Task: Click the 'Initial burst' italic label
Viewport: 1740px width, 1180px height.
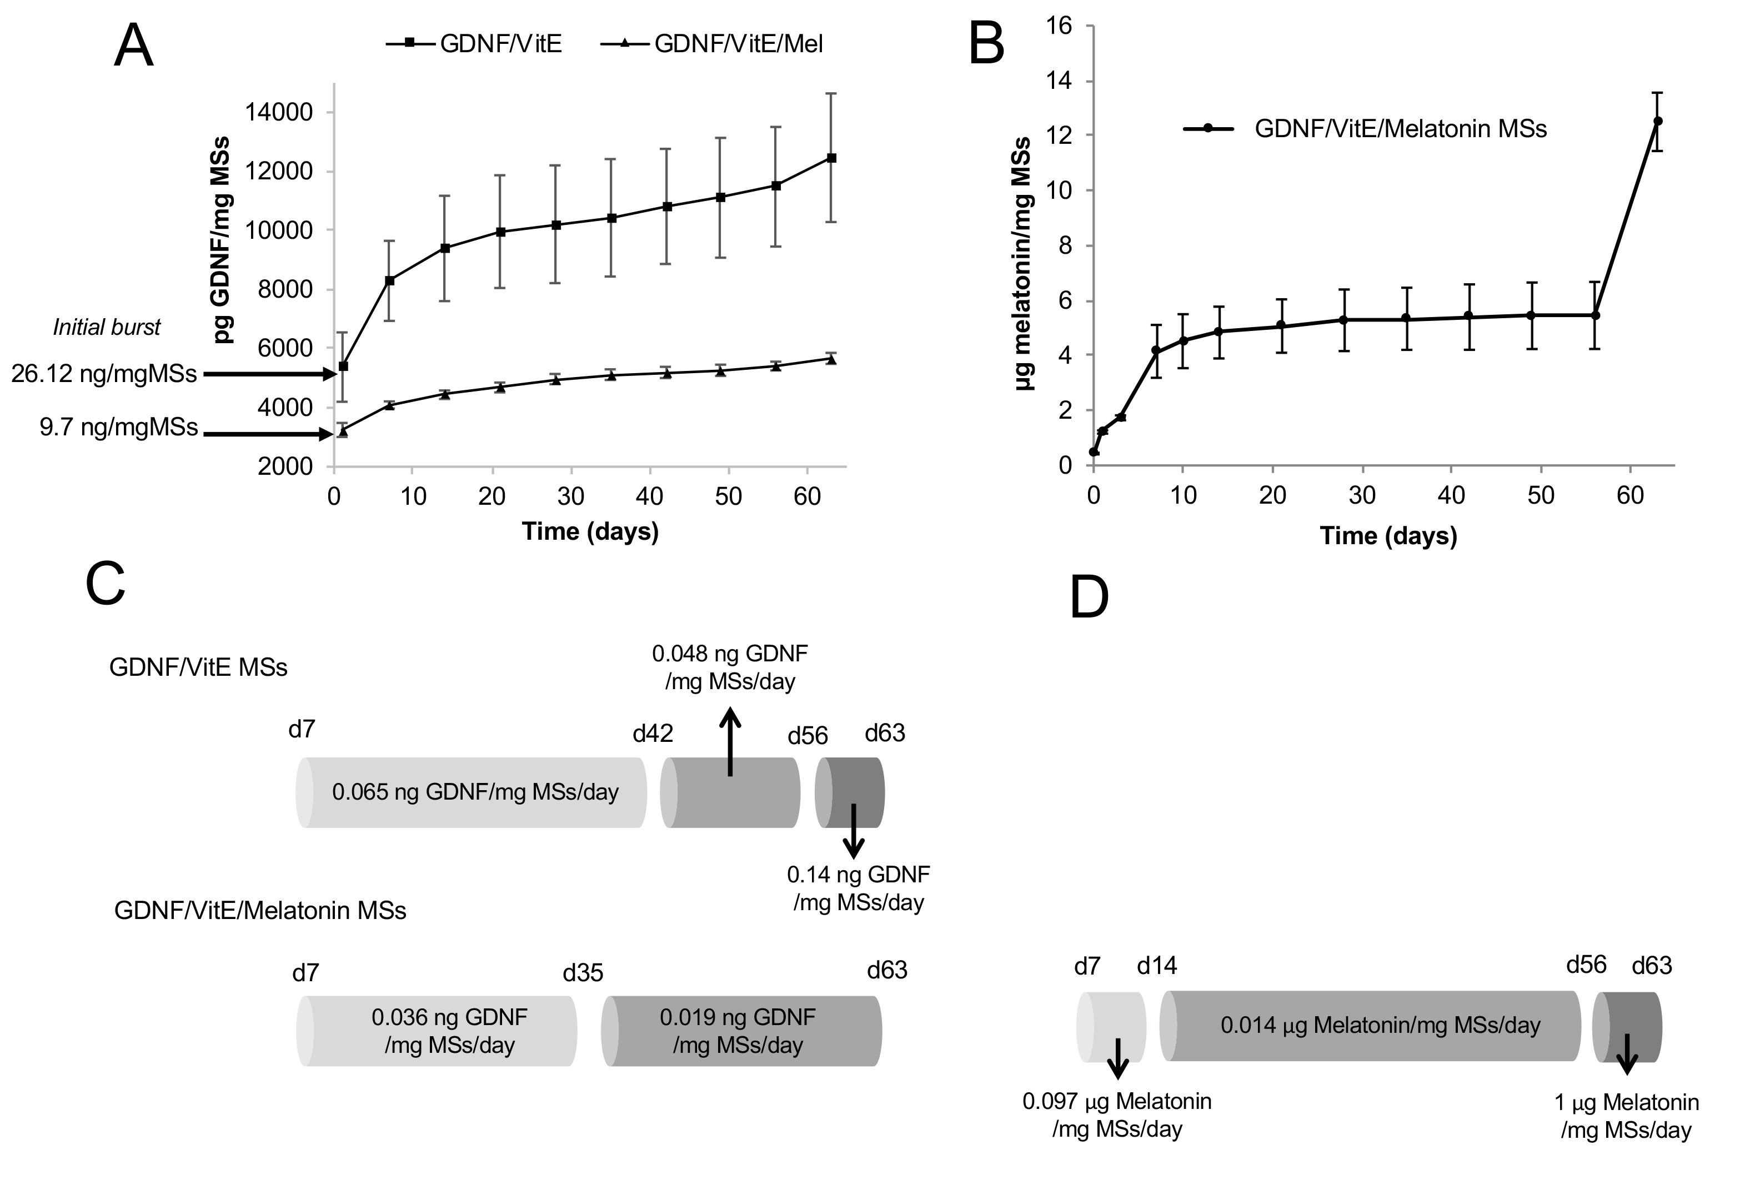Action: click(106, 327)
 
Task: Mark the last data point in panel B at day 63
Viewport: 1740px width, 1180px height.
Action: click(1658, 120)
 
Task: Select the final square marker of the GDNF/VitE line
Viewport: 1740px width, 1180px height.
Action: click(831, 158)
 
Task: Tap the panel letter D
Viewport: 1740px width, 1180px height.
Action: click(1089, 597)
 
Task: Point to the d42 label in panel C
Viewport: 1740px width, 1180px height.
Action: click(653, 734)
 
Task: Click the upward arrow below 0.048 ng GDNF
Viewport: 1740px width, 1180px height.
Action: click(731, 741)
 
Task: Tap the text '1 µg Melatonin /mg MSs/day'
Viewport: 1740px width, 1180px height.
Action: click(1626, 1116)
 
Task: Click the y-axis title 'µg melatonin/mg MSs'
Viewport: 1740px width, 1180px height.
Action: click(1024, 264)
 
